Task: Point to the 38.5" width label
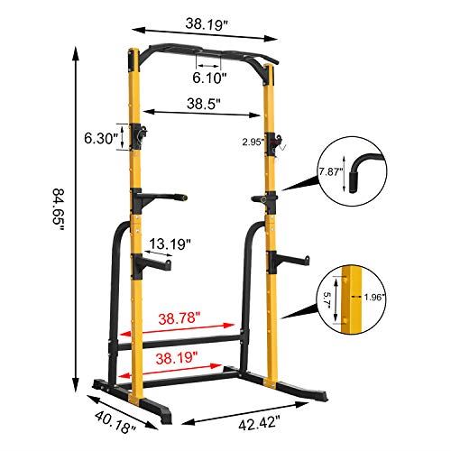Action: tap(204, 103)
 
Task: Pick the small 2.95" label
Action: tap(253, 142)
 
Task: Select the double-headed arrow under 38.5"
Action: tap(204, 114)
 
